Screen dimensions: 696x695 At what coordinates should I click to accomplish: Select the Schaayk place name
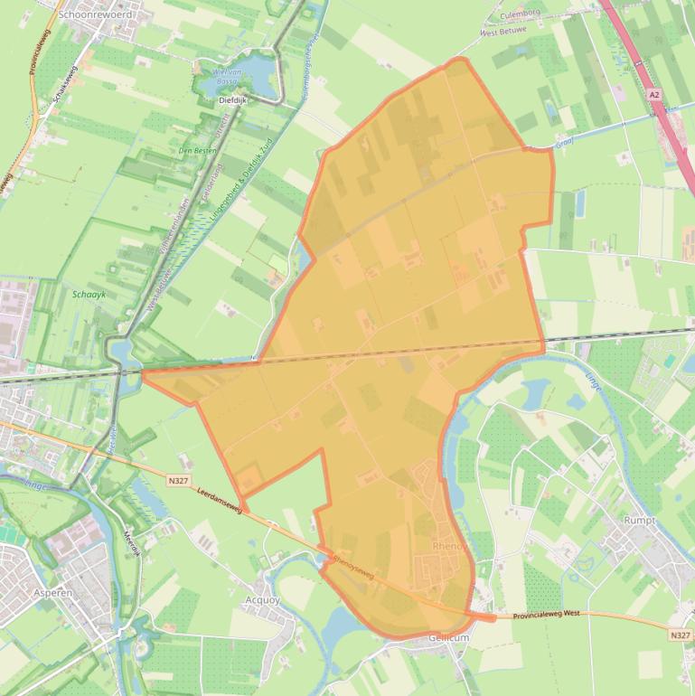[x=89, y=294]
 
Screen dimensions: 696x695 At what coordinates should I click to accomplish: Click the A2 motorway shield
[x=654, y=93]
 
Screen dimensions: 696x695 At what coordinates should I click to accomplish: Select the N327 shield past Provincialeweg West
[x=681, y=636]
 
